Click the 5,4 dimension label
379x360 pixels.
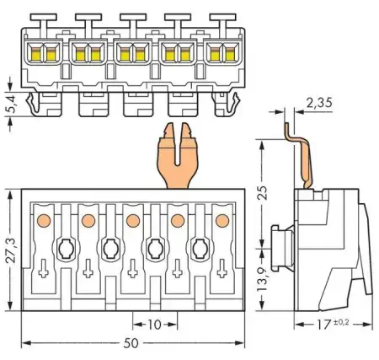[9, 105]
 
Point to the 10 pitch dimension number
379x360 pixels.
[154, 324]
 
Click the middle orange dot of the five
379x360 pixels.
[132, 221]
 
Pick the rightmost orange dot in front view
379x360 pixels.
[222, 221]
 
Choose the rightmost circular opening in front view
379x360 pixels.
[200, 249]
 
